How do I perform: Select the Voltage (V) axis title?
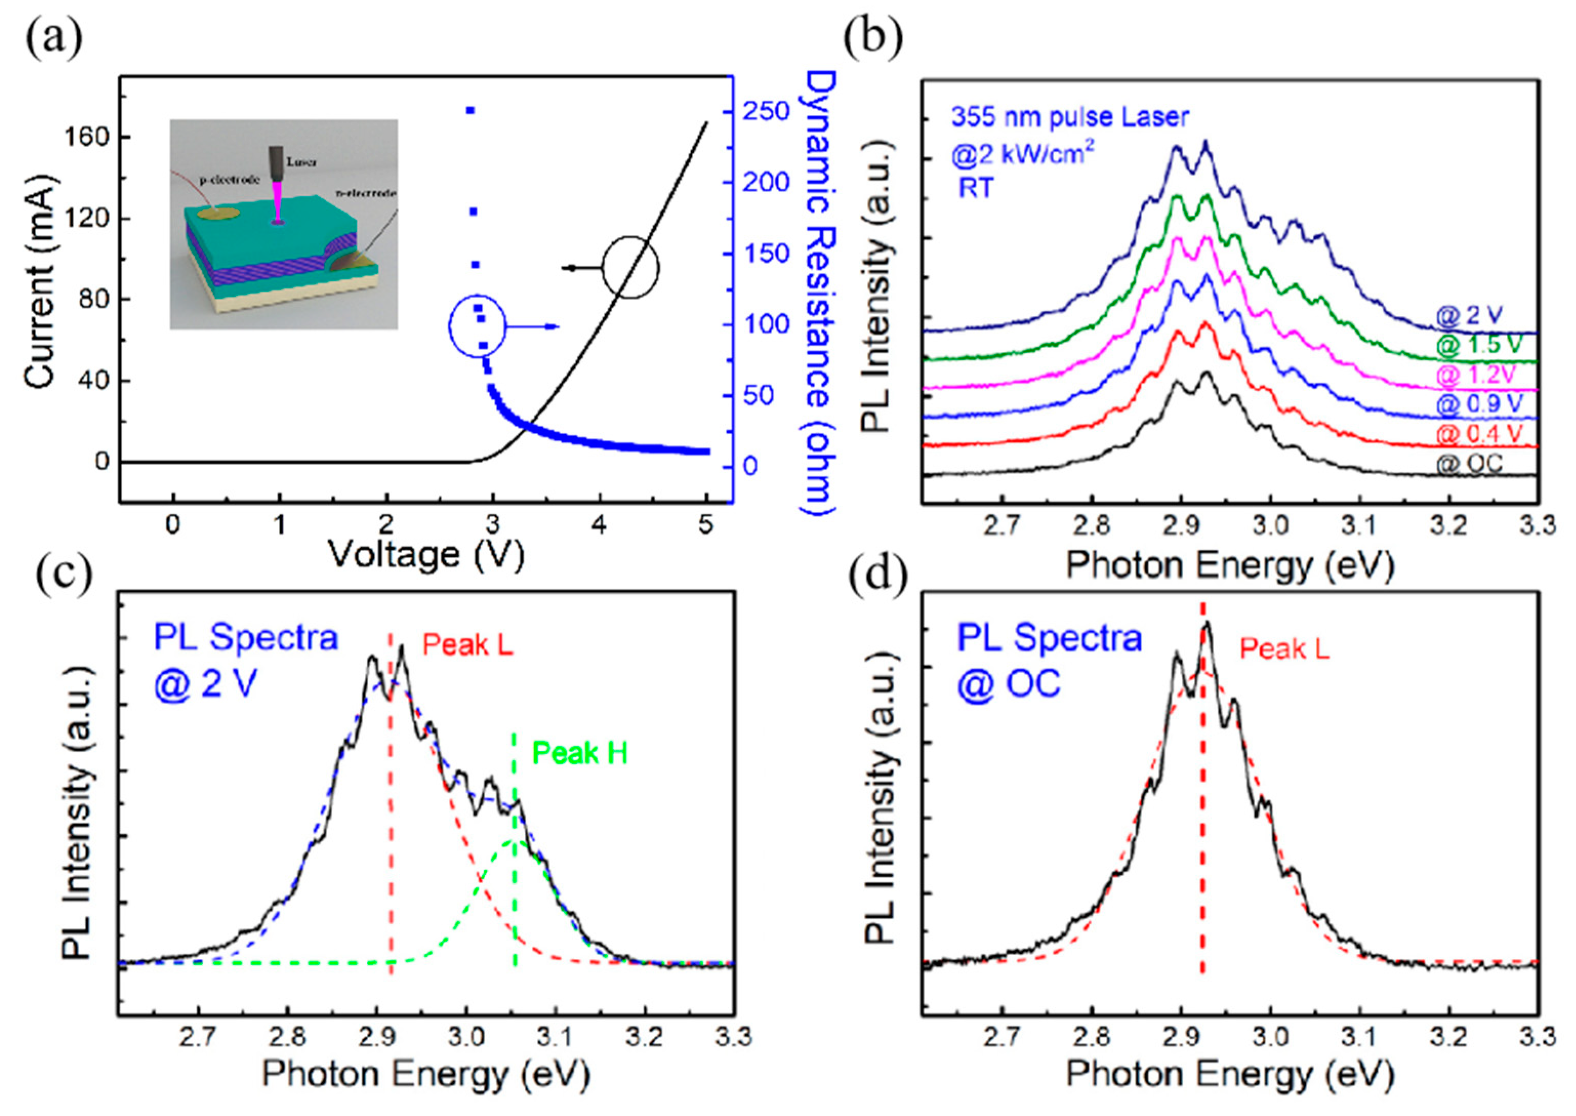pyautogui.click(x=425, y=554)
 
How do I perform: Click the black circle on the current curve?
pyautogui.click(x=631, y=267)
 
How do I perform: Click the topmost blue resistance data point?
pyautogui.click(x=470, y=110)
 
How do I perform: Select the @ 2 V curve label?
pyautogui.click(x=1469, y=315)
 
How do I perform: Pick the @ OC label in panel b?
pyautogui.click(x=1469, y=463)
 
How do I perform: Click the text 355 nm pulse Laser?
pyautogui.click(x=1069, y=117)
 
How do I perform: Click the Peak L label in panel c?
pyautogui.click(x=468, y=644)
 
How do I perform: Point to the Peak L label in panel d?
pyautogui.click(x=1284, y=648)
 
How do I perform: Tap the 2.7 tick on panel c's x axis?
pyautogui.click(x=198, y=1036)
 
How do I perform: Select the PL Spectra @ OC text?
pyautogui.click(x=1049, y=660)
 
